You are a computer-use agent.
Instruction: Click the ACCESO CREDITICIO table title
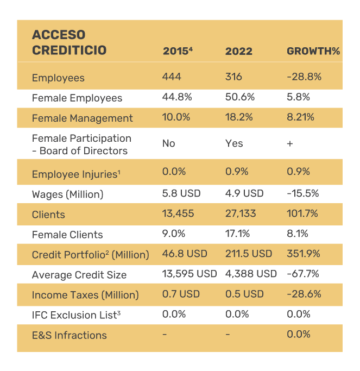click(69, 43)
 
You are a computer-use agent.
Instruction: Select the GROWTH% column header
click(313, 52)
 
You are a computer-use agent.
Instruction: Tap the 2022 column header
click(239, 52)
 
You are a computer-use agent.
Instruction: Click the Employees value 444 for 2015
click(172, 77)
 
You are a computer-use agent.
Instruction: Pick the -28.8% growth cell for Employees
click(304, 77)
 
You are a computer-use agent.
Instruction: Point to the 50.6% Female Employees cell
click(237, 97)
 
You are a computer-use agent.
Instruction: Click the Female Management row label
click(82, 118)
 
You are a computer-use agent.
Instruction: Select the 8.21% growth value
click(300, 117)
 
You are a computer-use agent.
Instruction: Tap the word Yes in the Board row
click(234, 143)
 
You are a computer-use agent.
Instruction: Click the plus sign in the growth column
click(289, 143)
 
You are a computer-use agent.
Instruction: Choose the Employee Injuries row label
click(75, 174)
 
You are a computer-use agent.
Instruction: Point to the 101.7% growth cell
click(304, 213)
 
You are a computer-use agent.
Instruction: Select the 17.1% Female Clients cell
click(237, 234)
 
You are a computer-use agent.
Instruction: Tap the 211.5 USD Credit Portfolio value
click(249, 254)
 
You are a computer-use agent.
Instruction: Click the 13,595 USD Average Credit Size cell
click(190, 274)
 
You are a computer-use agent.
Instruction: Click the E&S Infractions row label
click(69, 335)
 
